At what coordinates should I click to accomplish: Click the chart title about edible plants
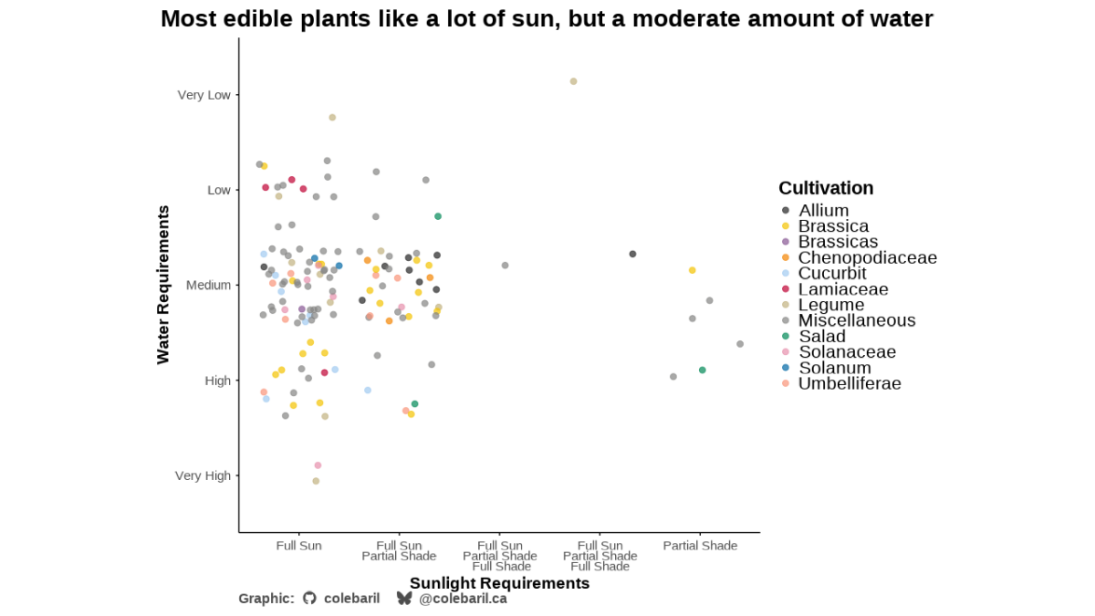click(x=547, y=19)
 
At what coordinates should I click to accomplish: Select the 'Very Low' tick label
click(x=203, y=95)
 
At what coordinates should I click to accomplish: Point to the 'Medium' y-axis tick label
click(x=208, y=285)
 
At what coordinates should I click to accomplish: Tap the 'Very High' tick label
click(x=203, y=475)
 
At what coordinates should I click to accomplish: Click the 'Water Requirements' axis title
click(x=162, y=285)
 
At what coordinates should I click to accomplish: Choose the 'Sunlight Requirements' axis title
click(x=500, y=583)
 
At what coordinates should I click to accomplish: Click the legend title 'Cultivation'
click(x=826, y=188)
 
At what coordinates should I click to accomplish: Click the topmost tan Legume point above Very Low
click(x=573, y=81)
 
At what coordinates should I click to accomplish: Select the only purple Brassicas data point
click(x=302, y=309)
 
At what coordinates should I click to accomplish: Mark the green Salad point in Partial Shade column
click(x=702, y=371)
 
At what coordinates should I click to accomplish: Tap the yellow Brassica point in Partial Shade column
click(x=693, y=270)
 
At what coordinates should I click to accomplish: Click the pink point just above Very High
click(x=318, y=465)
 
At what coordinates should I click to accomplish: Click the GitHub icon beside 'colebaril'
click(x=309, y=598)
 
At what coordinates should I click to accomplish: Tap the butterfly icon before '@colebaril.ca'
click(x=403, y=598)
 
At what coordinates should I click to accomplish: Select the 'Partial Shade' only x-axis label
click(x=700, y=546)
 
